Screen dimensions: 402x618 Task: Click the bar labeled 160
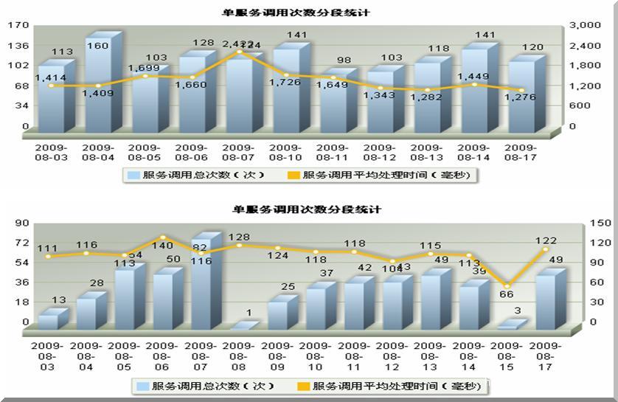point(98,85)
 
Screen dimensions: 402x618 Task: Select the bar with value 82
point(201,284)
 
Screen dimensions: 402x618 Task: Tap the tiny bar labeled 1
point(240,325)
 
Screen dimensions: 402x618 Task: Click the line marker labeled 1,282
point(427,90)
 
